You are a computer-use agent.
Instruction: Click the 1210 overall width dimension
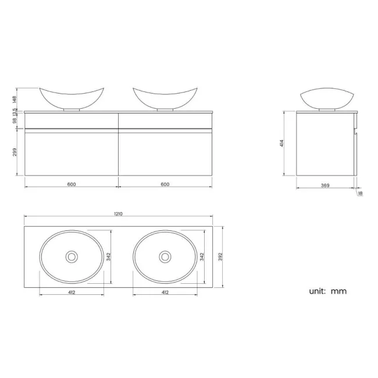[118, 213]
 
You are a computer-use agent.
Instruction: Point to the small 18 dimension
[361, 193]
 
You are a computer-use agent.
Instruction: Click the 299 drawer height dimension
[15, 152]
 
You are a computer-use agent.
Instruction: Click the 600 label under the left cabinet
[71, 185]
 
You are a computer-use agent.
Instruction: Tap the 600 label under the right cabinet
[165, 185]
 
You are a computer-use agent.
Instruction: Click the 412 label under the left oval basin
[71, 292]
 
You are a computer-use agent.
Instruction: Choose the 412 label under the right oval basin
[165, 292]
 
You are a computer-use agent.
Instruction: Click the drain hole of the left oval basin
[72, 256]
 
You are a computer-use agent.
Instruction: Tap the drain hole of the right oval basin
[165, 256]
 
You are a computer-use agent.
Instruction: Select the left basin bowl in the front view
[72, 97]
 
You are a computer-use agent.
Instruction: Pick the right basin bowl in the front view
[165, 97]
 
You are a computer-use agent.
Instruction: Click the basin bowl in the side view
[326, 98]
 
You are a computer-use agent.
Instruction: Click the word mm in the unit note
[338, 291]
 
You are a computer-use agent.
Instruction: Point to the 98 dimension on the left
[15, 120]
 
